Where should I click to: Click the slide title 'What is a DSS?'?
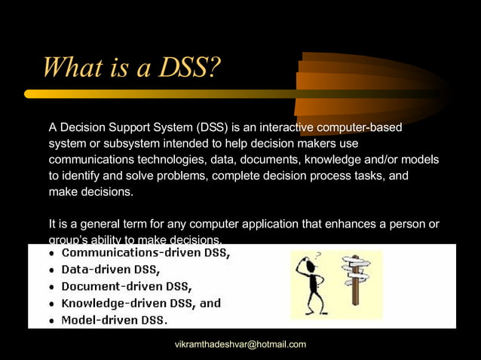click(132, 67)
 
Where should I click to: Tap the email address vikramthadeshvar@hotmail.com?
click(240, 344)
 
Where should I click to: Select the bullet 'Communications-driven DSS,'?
click(146, 253)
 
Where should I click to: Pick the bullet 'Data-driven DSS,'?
click(111, 270)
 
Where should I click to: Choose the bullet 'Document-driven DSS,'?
click(127, 286)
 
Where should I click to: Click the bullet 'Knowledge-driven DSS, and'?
click(141, 303)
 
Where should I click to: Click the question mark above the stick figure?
click(318, 256)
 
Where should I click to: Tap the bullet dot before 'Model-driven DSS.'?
click(51, 321)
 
